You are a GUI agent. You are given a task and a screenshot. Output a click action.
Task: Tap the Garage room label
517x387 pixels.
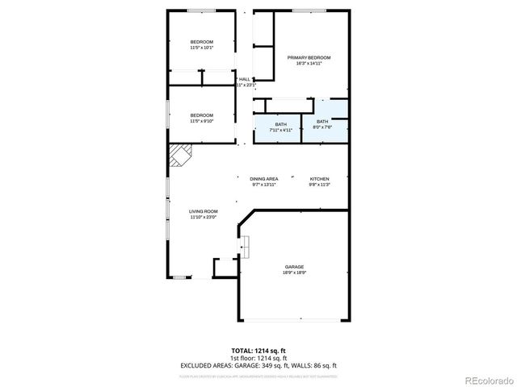(x=293, y=267)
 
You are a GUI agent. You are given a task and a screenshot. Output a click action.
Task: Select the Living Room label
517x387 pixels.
(x=204, y=211)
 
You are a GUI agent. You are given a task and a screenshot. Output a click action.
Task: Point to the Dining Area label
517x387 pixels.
(x=264, y=179)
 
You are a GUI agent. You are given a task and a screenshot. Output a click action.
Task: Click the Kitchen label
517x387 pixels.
(x=320, y=179)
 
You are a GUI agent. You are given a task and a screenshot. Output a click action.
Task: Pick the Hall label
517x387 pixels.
(x=244, y=79)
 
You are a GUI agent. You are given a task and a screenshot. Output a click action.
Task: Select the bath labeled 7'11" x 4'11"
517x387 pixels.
(x=280, y=123)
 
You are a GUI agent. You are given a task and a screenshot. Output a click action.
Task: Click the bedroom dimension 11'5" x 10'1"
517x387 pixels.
(x=202, y=48)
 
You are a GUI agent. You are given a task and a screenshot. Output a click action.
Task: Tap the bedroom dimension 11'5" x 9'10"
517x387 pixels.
(x=202, y=121)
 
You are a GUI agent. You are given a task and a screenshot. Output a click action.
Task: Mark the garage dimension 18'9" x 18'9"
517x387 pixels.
(x=293, y=273)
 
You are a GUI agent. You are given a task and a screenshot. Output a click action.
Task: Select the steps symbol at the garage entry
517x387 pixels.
(x=243, y=243)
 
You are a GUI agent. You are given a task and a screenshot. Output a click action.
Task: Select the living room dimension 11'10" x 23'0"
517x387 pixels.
(x=204, y=217)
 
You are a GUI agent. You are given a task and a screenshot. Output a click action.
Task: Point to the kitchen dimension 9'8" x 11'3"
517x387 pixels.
(x=320, y=185)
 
